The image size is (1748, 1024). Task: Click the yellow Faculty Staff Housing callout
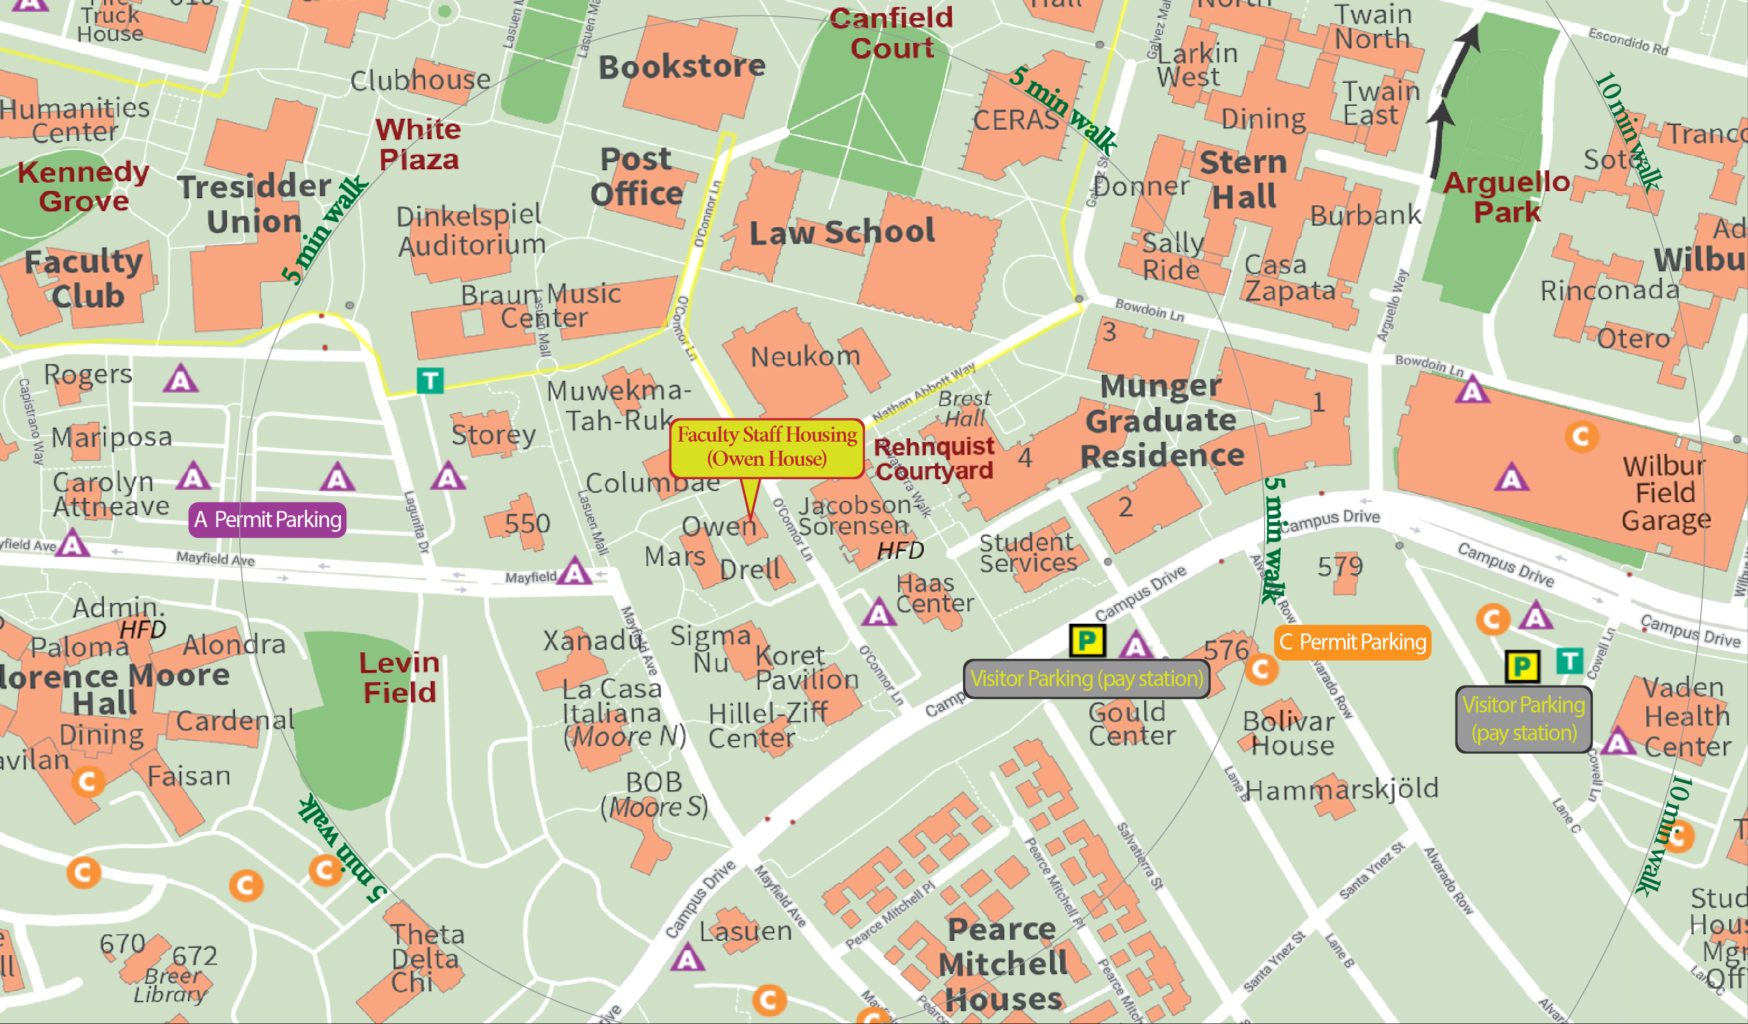tap(767, 447)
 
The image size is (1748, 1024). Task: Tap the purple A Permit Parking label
tap(267, 520)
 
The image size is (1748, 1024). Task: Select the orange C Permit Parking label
tap(1353, 642)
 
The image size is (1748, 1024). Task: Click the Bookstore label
tap(682, 67)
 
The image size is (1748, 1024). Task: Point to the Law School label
tap(841, 232)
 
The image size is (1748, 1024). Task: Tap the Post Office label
tap(636, 177)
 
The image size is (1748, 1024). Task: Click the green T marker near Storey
tap(430, 380)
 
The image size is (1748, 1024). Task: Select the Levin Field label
tap(399, 677)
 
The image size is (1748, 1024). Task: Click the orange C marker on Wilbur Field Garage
tap(1581, 436)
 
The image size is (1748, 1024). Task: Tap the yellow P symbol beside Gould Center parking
tap(1087, 640)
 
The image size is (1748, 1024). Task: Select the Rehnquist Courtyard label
tap(933, 458)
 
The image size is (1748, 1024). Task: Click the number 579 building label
tap(1340, 566)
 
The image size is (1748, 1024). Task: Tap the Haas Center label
tap(934, 594)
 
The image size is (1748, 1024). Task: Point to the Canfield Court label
tap(891, 33)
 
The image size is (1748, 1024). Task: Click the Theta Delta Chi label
tap(425, 957)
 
